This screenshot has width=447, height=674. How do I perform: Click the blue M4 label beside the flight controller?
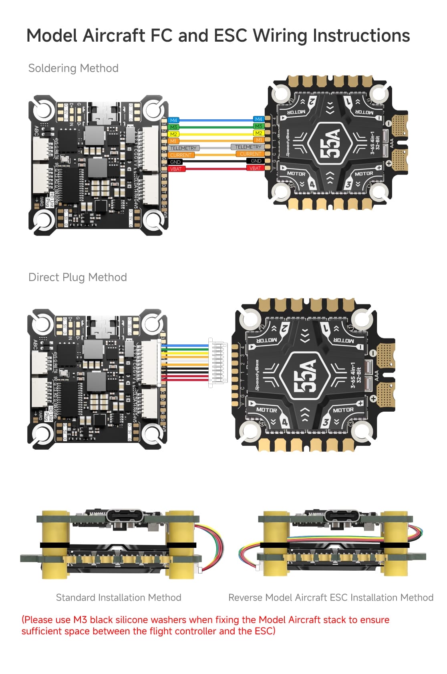click(173, 120)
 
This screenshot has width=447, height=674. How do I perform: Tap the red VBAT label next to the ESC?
click(255, 168)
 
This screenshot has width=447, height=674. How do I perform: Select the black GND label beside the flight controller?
click(175, 162)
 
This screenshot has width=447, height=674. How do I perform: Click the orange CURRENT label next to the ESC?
click(250, 154)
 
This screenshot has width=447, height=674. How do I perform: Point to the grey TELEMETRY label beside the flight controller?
click(183, 148)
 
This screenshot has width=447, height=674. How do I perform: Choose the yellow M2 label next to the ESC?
click(259, 133)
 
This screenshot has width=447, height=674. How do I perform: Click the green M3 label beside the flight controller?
click(173, 127)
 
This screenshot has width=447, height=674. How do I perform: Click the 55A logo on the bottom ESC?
click(305, 376)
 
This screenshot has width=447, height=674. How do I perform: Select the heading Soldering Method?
click(73, 68)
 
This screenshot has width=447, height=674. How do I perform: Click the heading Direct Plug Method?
click(78, 277)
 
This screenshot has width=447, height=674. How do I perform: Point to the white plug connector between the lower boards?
click(217, 362)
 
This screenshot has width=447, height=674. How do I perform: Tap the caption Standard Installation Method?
click(119, 598)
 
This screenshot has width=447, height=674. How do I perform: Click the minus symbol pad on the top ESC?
click(388, 124)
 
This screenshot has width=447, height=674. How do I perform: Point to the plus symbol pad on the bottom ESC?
click(373, 398)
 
